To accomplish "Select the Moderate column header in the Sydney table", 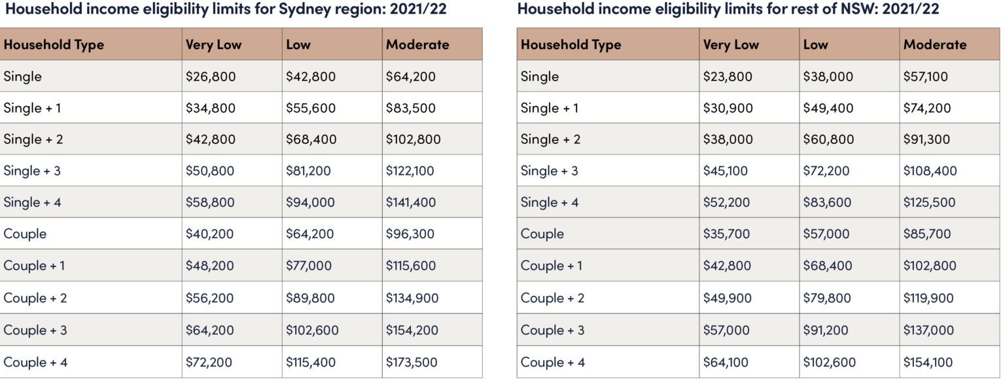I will pos(417,45).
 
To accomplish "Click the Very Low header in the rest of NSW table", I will pos(731,45).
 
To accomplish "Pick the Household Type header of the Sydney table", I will pos(54,45).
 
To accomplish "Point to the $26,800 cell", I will pos(211,77).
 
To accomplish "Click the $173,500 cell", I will pos(412,362).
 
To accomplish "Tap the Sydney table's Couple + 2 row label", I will pos(35,298).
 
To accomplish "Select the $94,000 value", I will pos(310,202).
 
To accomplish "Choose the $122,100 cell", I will pos(410,171).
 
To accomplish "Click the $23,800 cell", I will pos(728,77).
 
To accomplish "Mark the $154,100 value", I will pos(928,362).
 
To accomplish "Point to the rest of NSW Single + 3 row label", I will pos(550,171).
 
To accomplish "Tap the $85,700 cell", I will pos(927,234).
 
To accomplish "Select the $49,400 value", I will pos(828,108).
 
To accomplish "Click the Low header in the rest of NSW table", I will pos(815,45).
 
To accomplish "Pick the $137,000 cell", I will pos(928,330).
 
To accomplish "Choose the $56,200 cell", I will pos(210,298).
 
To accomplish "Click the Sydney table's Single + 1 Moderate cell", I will pos(411,108).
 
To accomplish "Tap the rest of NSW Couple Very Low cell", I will pos(726,234).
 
